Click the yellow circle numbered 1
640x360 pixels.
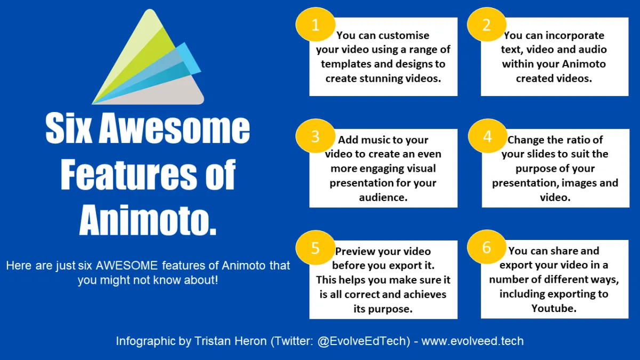tap(315, 25)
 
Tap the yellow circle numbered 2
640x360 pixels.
tap(487, 25)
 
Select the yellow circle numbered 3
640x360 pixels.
tap(315, 136)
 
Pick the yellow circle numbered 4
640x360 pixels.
tap(487, 136)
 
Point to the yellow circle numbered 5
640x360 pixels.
tap(315, 247)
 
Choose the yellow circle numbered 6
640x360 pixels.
tap(487, 247)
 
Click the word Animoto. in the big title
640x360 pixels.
tap(148, 220)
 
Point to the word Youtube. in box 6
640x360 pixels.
tap(554, 308)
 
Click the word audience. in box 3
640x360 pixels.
tap(383, 197)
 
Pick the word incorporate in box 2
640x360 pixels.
tap(571, 35)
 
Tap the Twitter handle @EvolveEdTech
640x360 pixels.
tap(364, 341)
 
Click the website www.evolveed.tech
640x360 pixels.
tap(473, 341)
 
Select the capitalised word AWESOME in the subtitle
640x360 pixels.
tap(126, 266)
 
